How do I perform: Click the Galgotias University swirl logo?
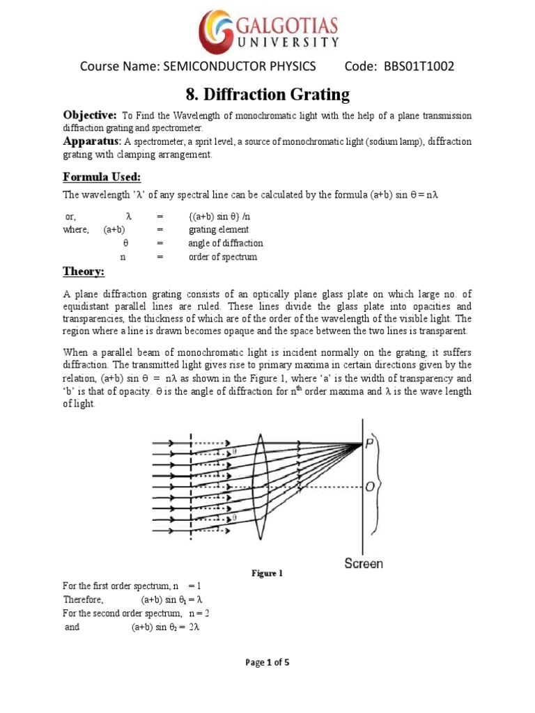(217, 31)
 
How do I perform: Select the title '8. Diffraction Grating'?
(267, 94)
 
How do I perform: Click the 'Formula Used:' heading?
(102, 175)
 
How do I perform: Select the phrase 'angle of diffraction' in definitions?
(225, 243)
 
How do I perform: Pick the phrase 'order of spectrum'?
(222, 257)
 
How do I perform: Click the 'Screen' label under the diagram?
(364, 563)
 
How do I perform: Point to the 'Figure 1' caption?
(267, 574)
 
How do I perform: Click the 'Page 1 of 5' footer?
(267, 662)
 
